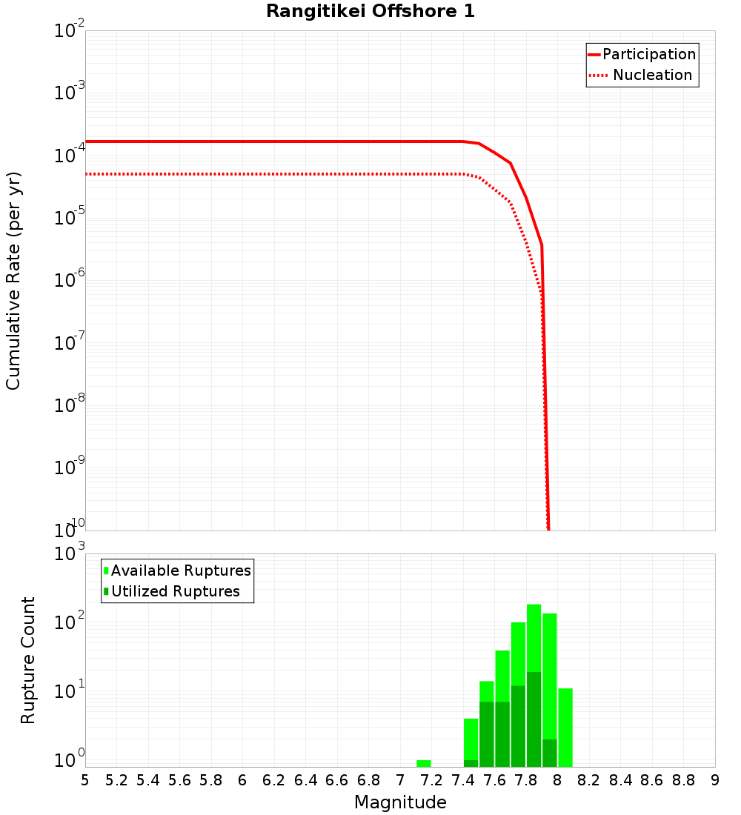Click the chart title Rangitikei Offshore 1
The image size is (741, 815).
(370, 12)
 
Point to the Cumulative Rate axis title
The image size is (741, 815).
(13, 280)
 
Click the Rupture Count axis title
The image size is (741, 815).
(28, 659)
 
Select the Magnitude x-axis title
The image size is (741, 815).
(400, 802)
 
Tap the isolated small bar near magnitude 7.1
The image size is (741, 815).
(423, 763)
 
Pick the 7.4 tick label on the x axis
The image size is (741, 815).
(463, 780)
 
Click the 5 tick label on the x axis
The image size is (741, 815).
(85, 780)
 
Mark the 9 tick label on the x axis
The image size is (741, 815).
(715, 780)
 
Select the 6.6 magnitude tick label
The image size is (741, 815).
(337, 780)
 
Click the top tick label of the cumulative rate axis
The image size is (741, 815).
(69, 32)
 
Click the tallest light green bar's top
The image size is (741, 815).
(534, 606)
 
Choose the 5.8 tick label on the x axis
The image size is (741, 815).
(211, 780)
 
